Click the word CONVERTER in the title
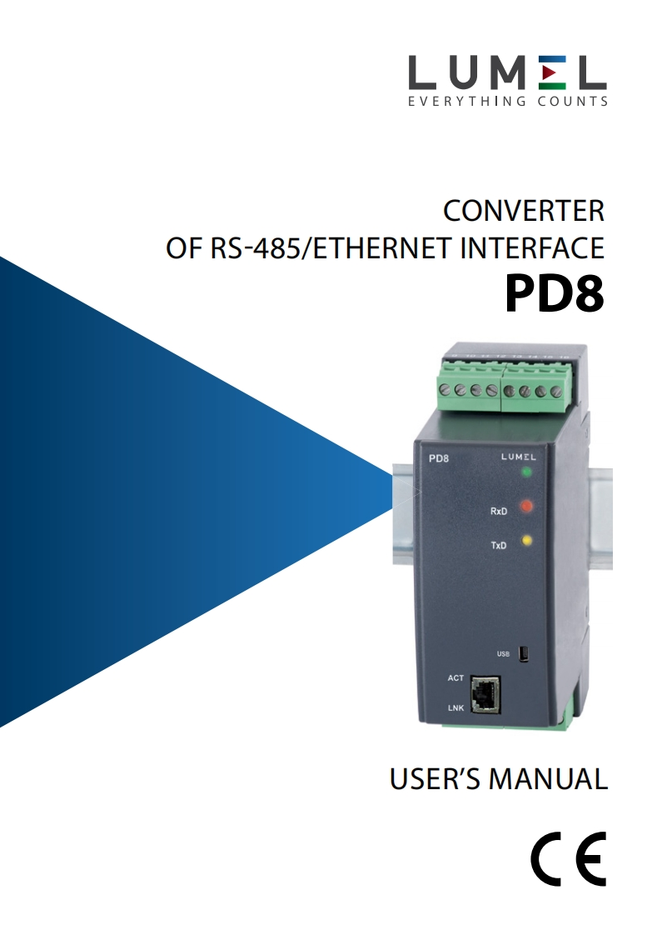tap(523, 212)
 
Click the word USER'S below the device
tap(435, 779)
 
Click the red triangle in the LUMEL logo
tap(547, 74)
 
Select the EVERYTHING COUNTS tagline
tap(507, 102)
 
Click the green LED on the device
tap(526, 472)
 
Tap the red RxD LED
tap(526, 506)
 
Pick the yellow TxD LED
tap(526, 541)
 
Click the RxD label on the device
tap(499, 511)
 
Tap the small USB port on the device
tap(524, 654)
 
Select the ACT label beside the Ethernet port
tap(455, 678)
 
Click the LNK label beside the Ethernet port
tap(455, 708)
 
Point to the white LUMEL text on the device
tap(519, 457)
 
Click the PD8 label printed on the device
tap(439, 457)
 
